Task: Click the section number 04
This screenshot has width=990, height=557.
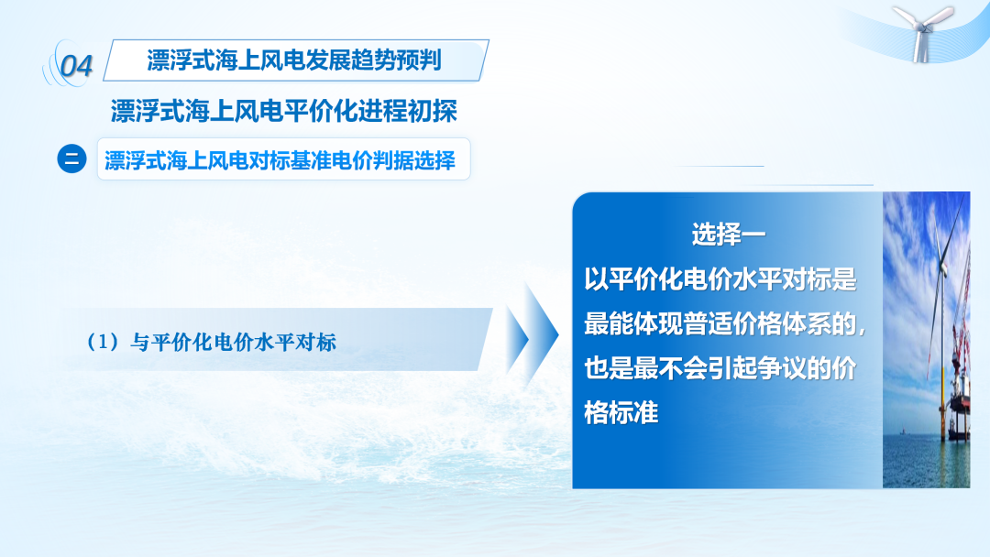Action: tap(76, 66)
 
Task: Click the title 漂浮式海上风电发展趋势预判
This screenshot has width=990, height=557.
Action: tap(293, 60)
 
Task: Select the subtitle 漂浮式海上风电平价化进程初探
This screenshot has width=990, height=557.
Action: tap(283, 111)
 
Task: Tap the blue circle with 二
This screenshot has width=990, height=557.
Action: tap(72, 158)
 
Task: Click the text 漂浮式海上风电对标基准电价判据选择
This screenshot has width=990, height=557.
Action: tap(280, 160)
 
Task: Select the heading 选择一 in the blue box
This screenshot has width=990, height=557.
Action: tap(728, 234)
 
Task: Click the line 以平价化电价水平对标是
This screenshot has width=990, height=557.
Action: tap(720, 278)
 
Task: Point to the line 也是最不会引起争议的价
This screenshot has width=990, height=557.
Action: tap(720, 368)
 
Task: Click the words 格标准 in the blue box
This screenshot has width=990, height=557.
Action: tap(621, 413)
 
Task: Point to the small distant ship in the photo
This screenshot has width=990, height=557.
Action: tap(903, 432)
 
